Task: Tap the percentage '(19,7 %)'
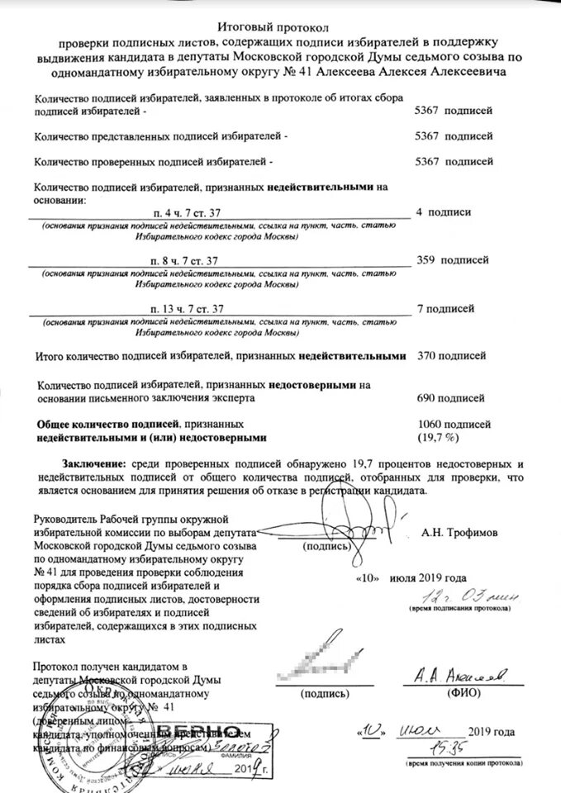442,436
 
